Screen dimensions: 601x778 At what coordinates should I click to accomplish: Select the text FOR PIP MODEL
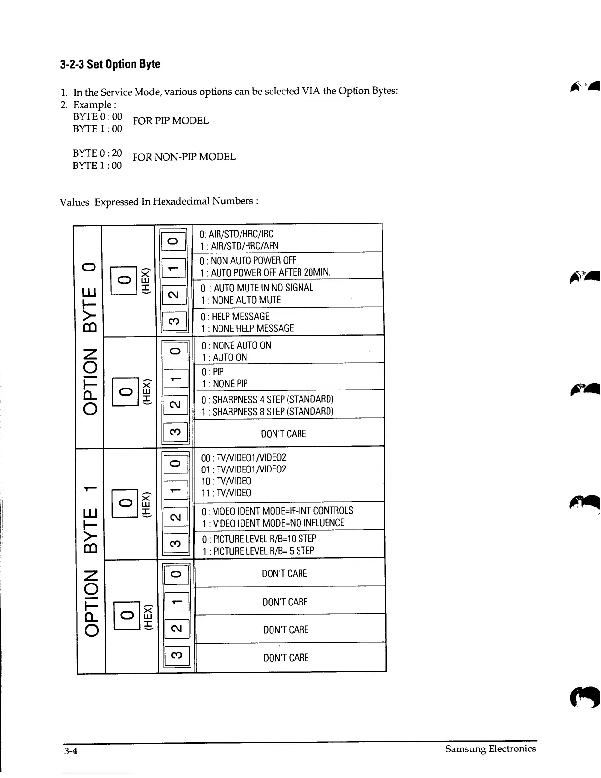point(170,121)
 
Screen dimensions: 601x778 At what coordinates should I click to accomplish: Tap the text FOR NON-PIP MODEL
point(184,157)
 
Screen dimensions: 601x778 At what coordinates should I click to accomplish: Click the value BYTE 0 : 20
point(97,153)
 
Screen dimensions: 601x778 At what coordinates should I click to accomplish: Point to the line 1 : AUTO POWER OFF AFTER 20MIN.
point(265,273)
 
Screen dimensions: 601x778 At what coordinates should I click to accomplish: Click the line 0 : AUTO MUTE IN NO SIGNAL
point(257,288)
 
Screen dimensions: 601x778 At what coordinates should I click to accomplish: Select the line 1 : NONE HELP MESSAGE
point(247,328)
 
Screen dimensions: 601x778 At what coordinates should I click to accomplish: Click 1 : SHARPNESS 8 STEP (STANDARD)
point(267,412)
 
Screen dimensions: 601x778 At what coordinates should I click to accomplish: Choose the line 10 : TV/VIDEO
point(226,481)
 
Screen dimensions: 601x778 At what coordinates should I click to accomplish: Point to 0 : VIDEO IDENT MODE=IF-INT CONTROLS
point(277,511)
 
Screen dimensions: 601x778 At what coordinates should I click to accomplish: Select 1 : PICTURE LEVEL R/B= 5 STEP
point(258,551)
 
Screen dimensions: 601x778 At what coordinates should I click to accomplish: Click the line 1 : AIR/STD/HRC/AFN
point(240,246)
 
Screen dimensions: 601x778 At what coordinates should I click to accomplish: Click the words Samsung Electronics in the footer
point(490,749)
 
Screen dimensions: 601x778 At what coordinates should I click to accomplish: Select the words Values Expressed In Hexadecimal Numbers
point(159,202)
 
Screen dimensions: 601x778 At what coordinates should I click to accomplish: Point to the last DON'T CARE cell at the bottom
point(286,658)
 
